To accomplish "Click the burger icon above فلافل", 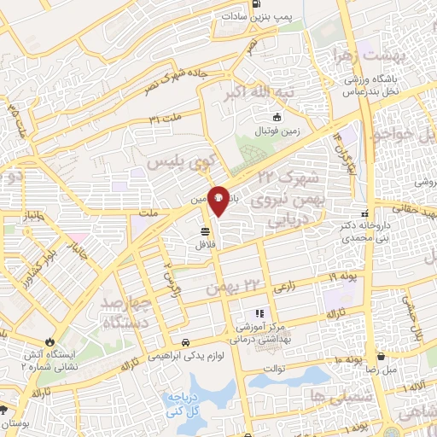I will (x=205, y=230).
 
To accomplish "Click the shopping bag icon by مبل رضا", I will (x=381, y=357).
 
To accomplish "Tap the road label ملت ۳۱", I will (x=166, y=117).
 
